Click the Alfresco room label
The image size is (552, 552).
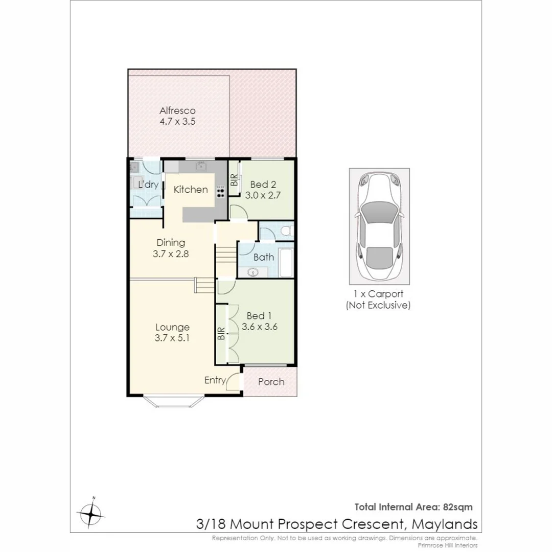click(x=177, y=110)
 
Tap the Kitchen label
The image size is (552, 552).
click(x=191, y=190)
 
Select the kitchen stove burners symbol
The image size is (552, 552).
click(x=221, y=191)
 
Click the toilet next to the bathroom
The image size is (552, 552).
click(x=287, y=231)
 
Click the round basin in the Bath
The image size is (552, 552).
click(x=252, y=272)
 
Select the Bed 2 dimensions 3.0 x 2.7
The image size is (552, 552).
click(x=263, y=195)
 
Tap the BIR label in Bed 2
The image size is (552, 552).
click(x=234, y=180)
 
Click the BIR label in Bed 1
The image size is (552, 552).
click(x=221, y=334)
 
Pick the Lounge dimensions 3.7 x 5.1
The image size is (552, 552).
click(x=172, y=337)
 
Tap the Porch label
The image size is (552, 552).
click(x=271, y=382)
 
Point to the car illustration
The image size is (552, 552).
click(x=379, y=225)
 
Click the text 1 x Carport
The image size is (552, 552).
click(x=378, y=294)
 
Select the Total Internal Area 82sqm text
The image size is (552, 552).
click(x=413, y=507)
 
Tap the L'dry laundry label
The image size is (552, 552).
click(x=148, y=185)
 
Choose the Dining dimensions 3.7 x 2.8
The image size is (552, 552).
click(x=171, y=253)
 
